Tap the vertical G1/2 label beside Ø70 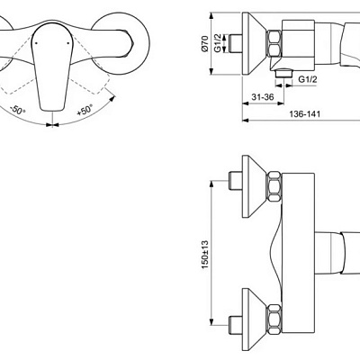219,44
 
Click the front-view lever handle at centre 50,63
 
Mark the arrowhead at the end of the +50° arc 108,96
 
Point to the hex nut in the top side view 275,43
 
